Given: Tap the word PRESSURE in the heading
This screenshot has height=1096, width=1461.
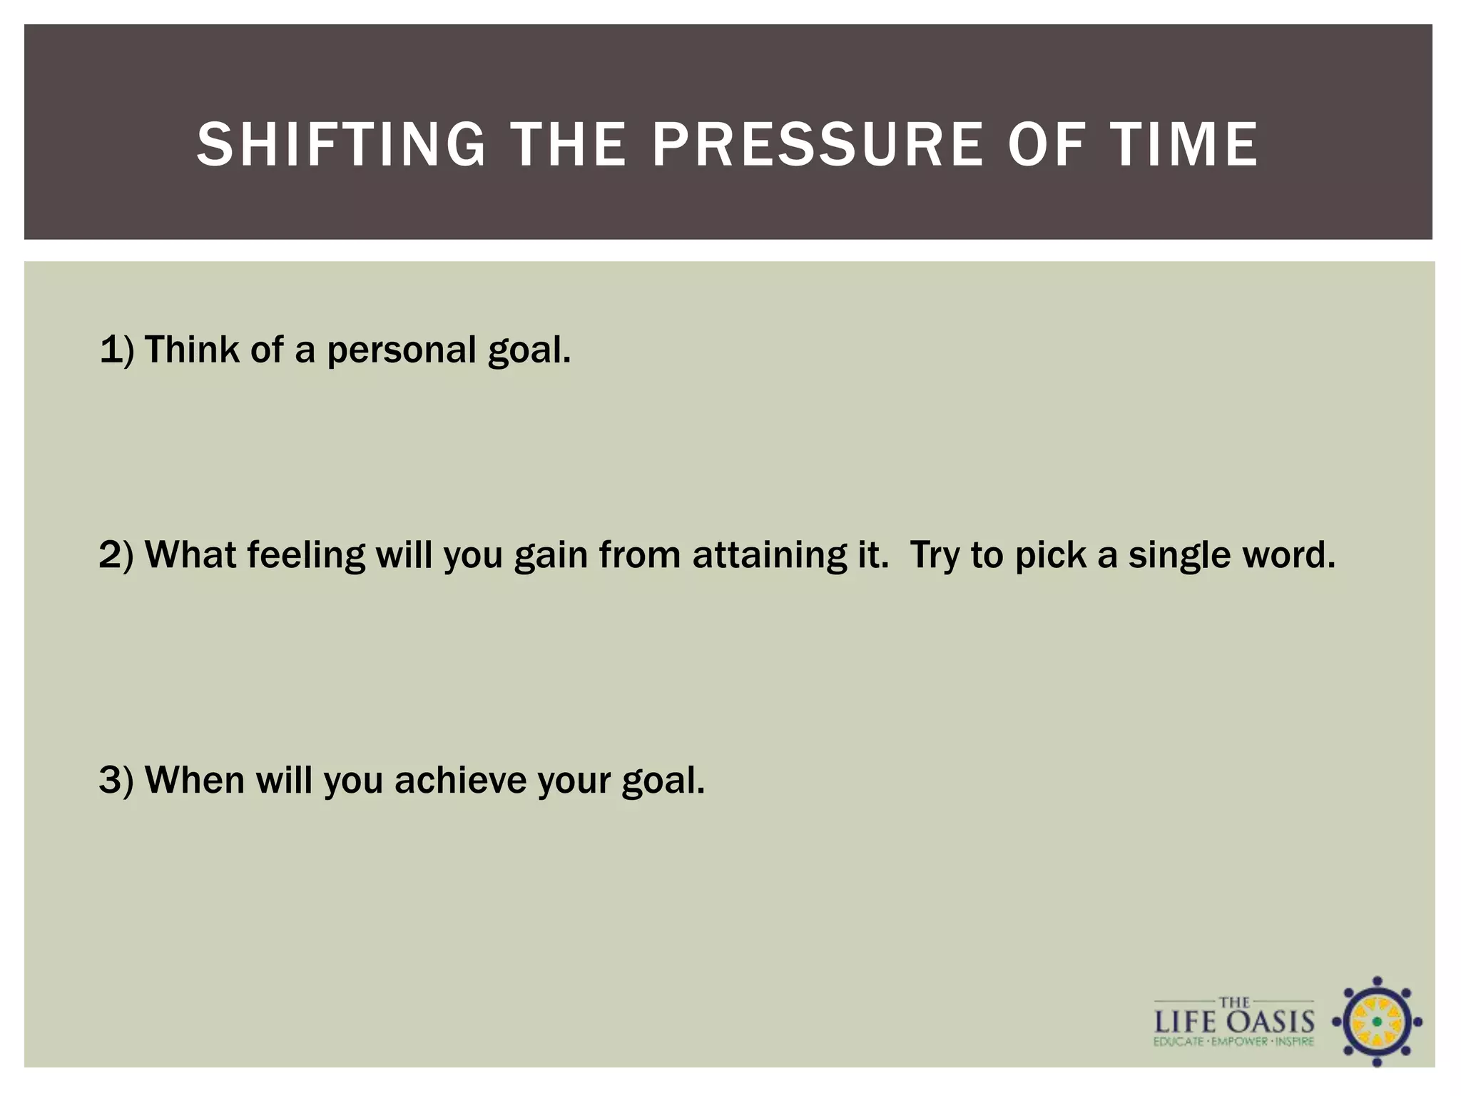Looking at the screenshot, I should point(818,145).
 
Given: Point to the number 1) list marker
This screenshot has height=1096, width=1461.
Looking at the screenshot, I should point(116,350).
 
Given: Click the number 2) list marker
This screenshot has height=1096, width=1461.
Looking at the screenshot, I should point(116,556).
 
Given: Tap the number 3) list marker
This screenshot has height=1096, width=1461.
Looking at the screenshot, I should point(116,780).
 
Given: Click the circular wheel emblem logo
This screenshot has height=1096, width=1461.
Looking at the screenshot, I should point(1377,1022).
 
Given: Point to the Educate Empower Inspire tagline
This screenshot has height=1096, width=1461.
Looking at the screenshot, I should point(1233,1042).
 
